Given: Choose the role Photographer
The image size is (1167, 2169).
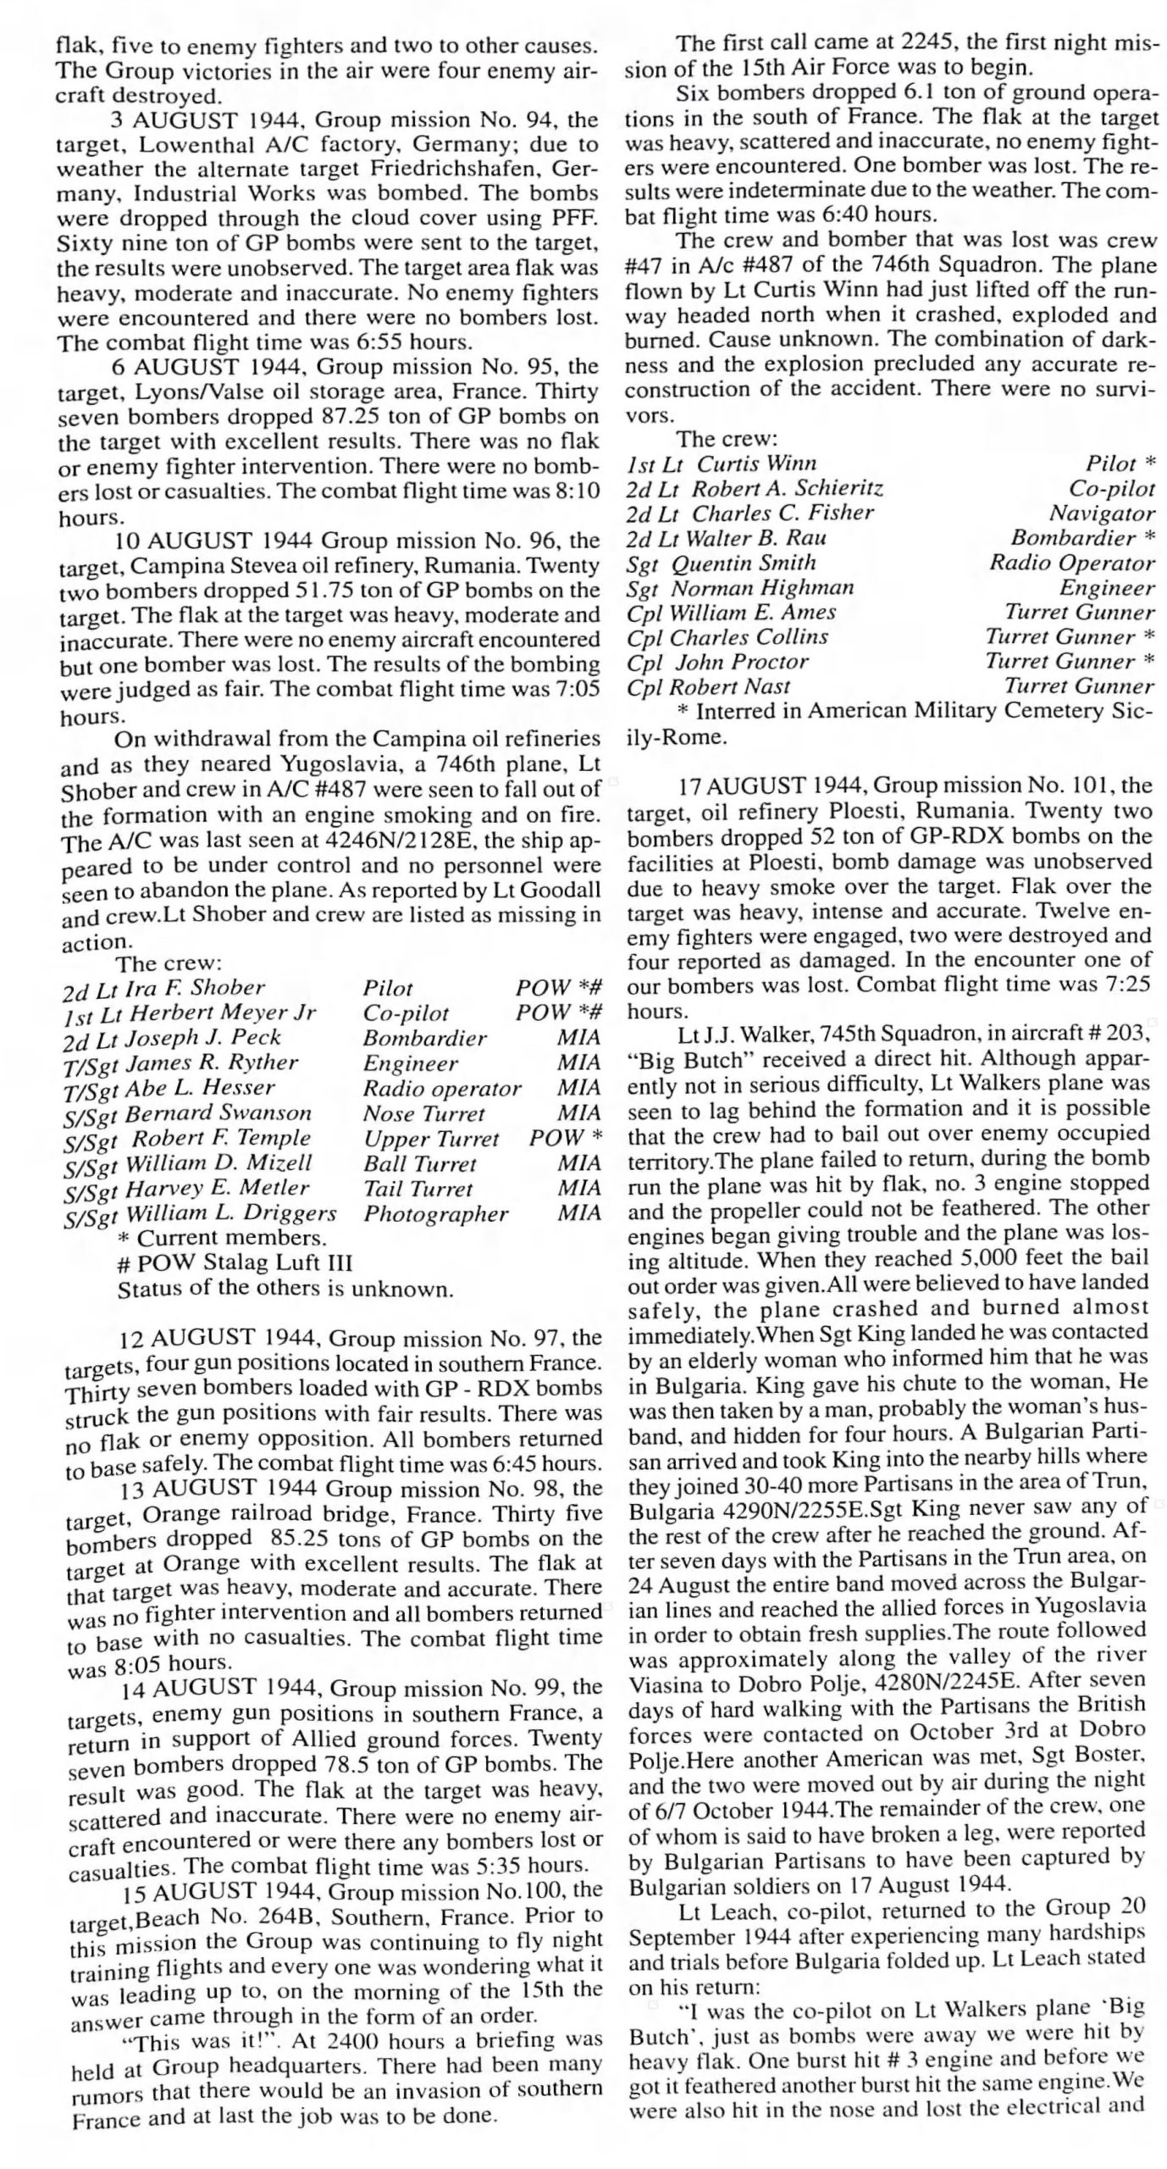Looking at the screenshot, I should (x=435, y=1214).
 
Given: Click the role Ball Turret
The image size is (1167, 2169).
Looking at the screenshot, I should (x=420, y=1164).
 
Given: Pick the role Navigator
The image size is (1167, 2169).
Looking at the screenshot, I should (x=1102, y=513).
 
